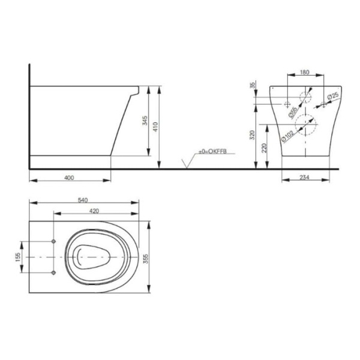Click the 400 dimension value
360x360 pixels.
pyautogui.click(x=69, y=178)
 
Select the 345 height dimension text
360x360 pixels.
pyautogui.click(x=145, y=121)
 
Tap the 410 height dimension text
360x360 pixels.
pyautogui.click(x=155, y=127)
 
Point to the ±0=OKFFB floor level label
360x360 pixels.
pyautogui.click(x=212, y=152)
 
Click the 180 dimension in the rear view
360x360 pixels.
pyautogui.click(x=305, y=73)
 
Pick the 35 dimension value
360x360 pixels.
pyautogui.click(x=253, y=85)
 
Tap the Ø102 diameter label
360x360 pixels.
pyautogui.click(x=287, y=136)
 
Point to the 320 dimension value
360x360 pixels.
pyautogui.click(x=253, y=135)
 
